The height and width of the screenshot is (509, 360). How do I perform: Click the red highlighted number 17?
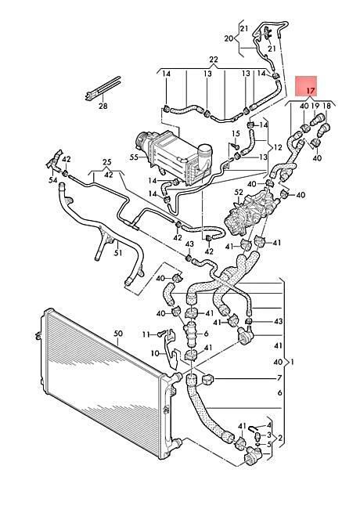click(x=311, y=91)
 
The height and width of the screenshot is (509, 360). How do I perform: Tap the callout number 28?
click(x=103, y=106)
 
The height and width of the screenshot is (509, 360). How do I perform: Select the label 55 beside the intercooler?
click(x=134, y=157)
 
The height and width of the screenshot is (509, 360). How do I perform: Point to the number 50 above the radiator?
click(x=118, y=334)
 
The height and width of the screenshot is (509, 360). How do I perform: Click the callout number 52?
click(x=239, y=193)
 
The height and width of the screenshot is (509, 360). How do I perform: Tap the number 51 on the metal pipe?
click(x=118, y=252)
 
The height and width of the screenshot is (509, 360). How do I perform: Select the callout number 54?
click(x=53, y=179)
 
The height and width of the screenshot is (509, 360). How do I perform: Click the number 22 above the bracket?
click(x=214, y=60)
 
